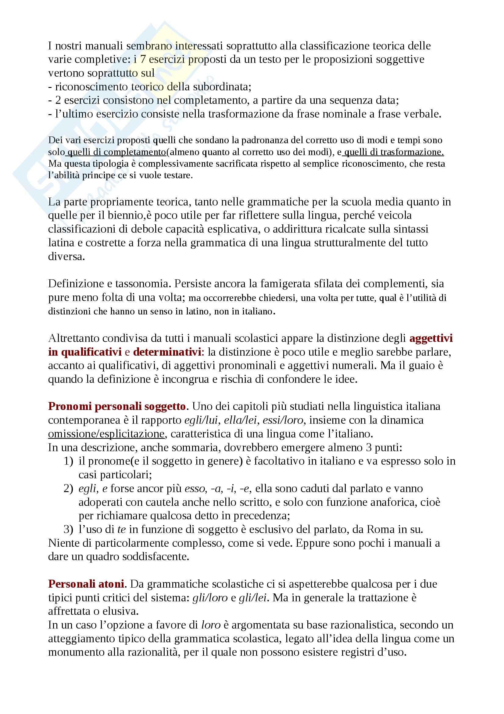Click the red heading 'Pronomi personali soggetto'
click(x=117, y=406)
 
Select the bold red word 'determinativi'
click(x=167, y=352)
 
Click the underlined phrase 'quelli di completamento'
click(x=116, y=152)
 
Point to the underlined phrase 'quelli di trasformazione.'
click(x=394, y=152)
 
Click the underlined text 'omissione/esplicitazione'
click(x=106, y=433)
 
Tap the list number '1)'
click(x=68, y=461)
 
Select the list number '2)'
click(x=68, y=488)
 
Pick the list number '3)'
click(x=68, y=529)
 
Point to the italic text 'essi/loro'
click(x=283, y=420)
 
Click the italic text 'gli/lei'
click(x=252, y=598)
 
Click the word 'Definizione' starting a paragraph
click(x=76, y=284)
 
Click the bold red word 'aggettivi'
click(x=431, y=338)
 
